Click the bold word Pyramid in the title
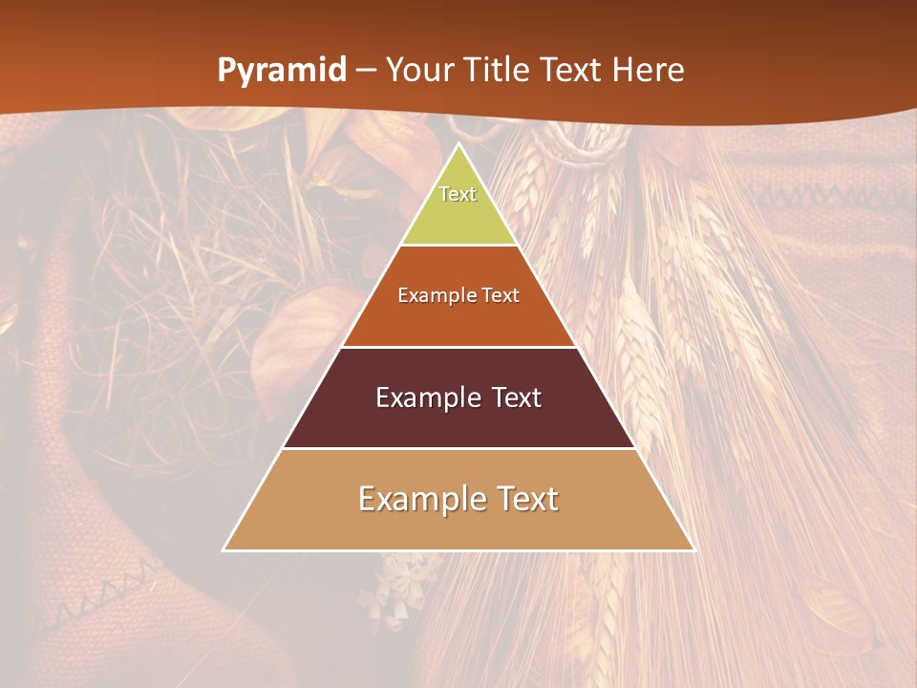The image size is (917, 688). tap(282, 70)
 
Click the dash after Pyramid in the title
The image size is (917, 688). tap(366, 71)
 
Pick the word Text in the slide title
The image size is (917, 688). tap(570, 70)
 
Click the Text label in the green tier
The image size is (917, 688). tap(458, 194)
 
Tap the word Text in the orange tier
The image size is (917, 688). tap(501, 295)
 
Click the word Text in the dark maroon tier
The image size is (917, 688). tap(516, 398)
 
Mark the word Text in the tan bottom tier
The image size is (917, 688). tap(523, 499)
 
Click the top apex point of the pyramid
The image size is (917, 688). tap(459, 144)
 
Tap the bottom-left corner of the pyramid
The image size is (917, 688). tap(224, 549)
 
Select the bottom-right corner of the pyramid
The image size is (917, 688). tap(693, 549)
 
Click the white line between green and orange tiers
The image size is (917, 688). tap(458, 246)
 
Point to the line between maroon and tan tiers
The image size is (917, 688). tap(458, 448)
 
